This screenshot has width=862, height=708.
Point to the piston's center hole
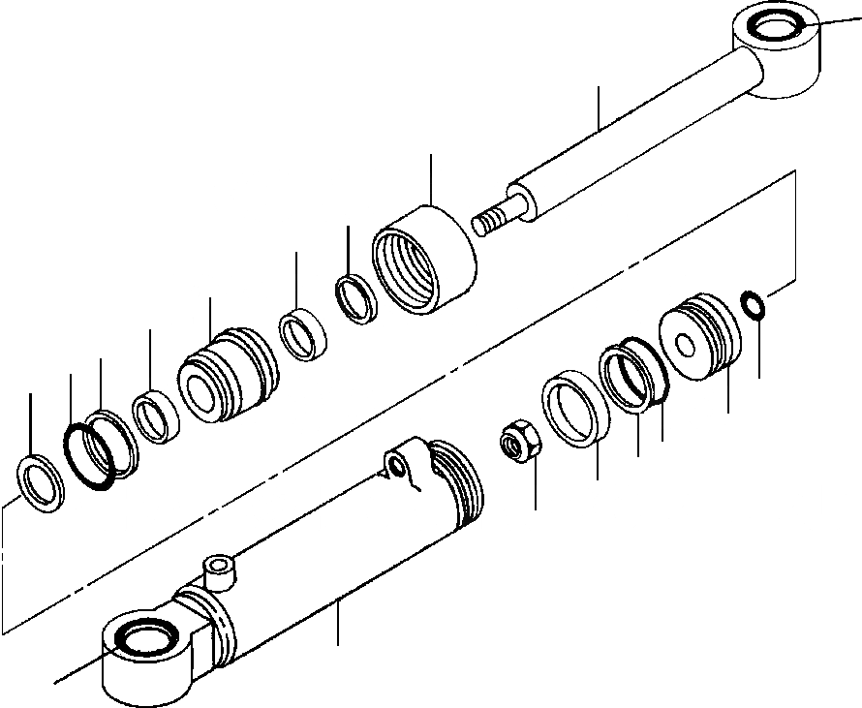[x=685, y=344]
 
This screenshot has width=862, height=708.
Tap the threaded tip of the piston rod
[x=494, y=218]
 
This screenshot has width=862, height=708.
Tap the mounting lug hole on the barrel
[x=397, y=468]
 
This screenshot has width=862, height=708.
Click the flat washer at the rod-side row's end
[x=39, y=480]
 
